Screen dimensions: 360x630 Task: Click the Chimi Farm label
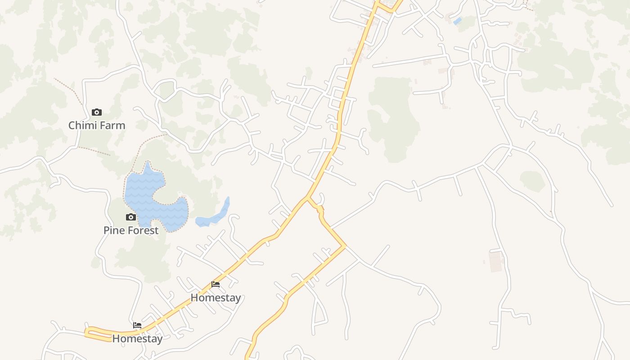97,125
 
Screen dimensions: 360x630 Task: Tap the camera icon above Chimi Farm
97,112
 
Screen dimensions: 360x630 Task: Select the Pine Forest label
131,230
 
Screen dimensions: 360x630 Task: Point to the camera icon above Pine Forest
131,217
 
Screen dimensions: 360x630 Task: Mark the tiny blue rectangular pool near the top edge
457,21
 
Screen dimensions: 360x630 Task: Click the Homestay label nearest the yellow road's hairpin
137,338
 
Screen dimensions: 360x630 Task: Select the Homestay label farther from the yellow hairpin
216,297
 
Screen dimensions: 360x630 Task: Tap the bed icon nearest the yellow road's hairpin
137,325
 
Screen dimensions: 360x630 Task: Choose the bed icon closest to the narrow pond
216,284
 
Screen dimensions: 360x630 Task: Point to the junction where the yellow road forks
308,197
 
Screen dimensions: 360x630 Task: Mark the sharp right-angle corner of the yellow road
345,246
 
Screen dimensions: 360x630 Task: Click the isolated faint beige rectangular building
495,261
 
